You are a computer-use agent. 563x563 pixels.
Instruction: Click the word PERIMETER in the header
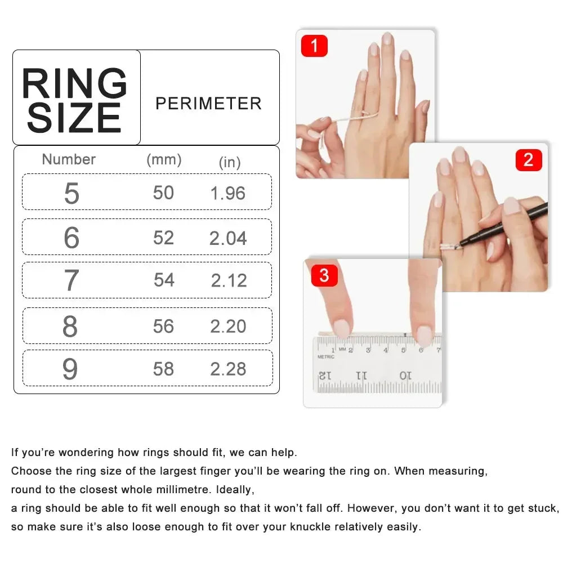click(x=208, y=104)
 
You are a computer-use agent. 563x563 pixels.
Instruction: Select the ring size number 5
click(x=72, y=193)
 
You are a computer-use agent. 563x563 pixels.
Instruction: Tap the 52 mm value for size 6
click(x=163, y=238)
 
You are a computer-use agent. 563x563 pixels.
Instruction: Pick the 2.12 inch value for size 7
click(x=229, y=280)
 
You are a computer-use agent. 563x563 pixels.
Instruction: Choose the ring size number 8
click(x=70, y=327)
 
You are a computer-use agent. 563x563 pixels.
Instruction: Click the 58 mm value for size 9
click(x=163, y=369)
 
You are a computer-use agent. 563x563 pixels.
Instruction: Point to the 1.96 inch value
click(x=227, y=193)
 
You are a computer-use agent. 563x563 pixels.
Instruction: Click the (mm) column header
click(x=164, y=159)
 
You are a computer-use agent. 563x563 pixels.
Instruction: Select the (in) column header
click(x=229, y=162)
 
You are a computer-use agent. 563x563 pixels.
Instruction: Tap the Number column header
click(x=69, y=159)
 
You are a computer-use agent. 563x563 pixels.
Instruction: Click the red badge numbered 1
click(x=314, y=46)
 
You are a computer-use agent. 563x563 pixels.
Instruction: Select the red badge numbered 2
click(x=528, y=160)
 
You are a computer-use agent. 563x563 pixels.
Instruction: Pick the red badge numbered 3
click(x=324, y=276)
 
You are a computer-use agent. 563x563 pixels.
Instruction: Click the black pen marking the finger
click(x=507, y=225)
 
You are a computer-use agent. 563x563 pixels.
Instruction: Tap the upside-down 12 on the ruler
click(x=325, y=374)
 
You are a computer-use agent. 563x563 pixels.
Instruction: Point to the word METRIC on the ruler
click(x=325, y=357)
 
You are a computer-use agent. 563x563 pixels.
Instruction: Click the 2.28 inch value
click(x=228, y=369)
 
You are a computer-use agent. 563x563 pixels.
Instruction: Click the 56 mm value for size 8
click(x=163, y=327)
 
